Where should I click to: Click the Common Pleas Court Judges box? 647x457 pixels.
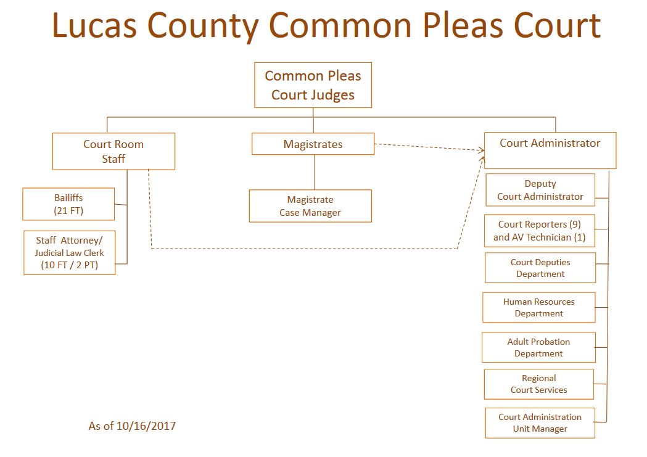pyautogui.click(x=313, y=85)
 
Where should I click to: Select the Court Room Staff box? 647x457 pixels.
pyautogui.click(x=113, y=151)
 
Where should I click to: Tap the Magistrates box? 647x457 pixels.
pyautogui.click(x=313, y=144)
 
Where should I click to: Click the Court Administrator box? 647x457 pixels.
pyautogui.click(x=550, y=150)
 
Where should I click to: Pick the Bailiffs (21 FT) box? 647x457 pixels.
pyautogui.click(x=68, y=204)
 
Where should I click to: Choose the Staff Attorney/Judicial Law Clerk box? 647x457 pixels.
pyautogui.click(x=69, y=252)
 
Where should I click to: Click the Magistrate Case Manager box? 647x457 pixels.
pyautogui.click(x=310, y=206)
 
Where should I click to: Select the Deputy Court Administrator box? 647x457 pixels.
pyautogui.click(x=540, y=190)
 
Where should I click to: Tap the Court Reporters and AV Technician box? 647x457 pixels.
pyautogui.click(x=539, y=231)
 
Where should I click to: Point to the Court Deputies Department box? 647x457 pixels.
pyautogui.click(x=540, y=268)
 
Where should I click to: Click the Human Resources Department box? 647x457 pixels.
pyautogui.click(x=538, y=307)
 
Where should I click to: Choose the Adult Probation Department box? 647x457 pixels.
pyautogui.click(x=538, y=347)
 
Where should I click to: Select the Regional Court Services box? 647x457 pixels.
pyautogui.click(x=538, y=384)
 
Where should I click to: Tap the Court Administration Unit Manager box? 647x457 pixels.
pyautogui.click(x=540, y=422)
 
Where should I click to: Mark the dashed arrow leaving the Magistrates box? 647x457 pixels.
pyautogui.click(x=426, y=147)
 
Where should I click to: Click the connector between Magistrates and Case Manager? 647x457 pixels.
pyautogui.click(x=315, y=172)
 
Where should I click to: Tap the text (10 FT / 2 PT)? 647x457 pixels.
pyautogui.click(x=69, y=266)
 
